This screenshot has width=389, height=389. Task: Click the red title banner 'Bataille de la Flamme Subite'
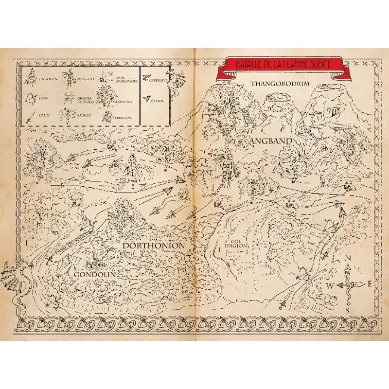[x=283, y=64]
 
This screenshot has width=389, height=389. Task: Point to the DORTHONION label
[x=154, y=246]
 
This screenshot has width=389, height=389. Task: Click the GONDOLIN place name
[x=95, y=275]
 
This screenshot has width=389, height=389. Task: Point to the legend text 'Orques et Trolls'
[x=84, y=100]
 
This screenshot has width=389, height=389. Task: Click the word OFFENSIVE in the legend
[x=159, y=80]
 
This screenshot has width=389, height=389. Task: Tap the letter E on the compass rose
[x=370, y=284]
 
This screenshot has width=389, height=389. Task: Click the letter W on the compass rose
[x=329, y=286]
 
